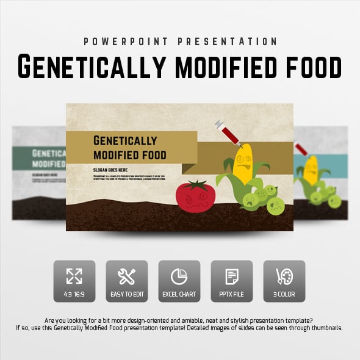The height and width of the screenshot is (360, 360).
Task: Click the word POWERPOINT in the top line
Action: point(122,41)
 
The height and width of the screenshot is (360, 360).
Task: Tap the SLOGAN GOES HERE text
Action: point(110,169)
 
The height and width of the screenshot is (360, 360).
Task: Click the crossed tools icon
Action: point(126,276)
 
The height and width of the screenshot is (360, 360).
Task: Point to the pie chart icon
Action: point(179,276)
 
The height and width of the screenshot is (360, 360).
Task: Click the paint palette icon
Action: point(284,276)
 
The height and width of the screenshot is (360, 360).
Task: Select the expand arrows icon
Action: point(74,276)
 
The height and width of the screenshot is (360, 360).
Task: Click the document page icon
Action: point(232,276)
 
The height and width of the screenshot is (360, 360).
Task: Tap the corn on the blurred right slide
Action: point(311,170)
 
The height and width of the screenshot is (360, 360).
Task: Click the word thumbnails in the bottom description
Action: point(323,328)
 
